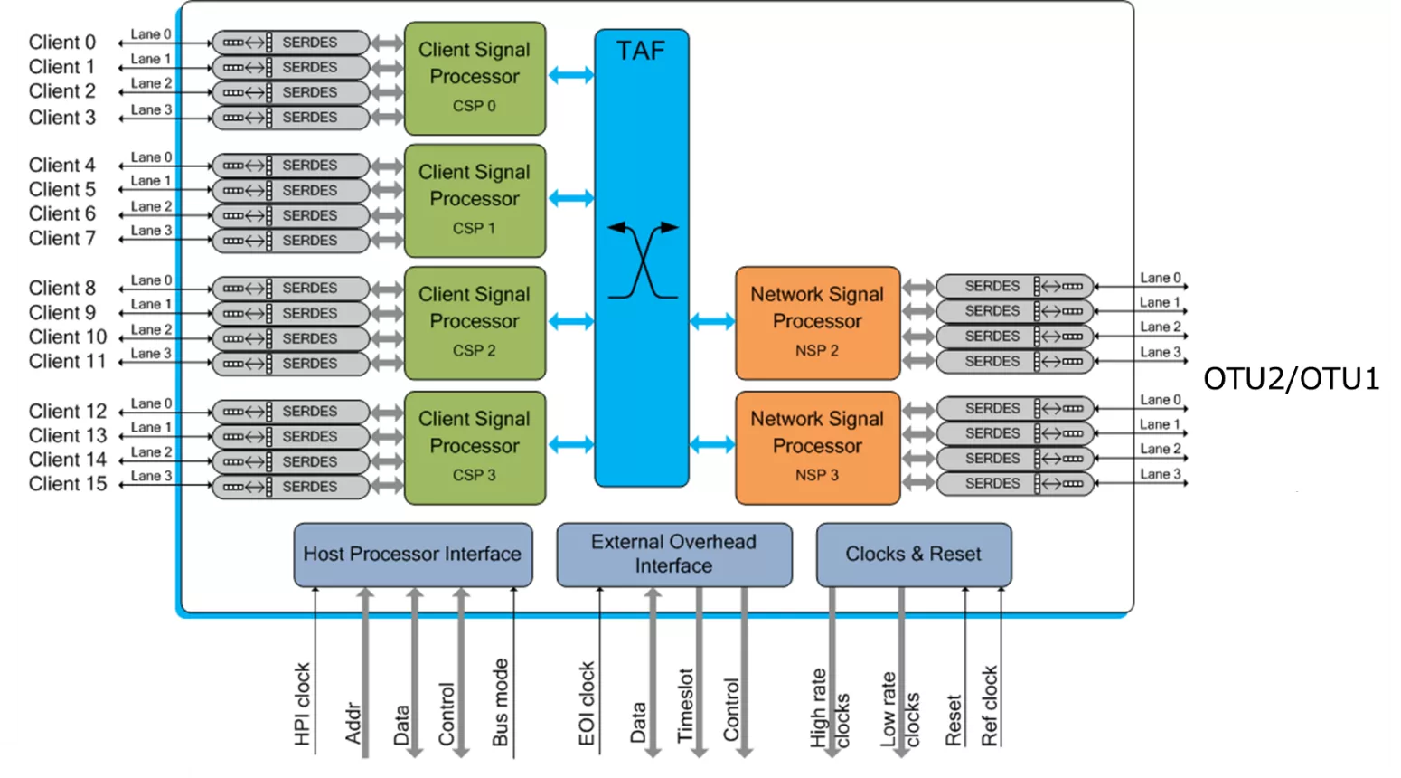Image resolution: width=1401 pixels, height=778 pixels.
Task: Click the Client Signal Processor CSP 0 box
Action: pyautogui.click(x=475, y=78)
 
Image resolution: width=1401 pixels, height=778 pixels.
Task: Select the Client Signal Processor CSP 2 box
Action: pyautogui.click(x=475, y=322)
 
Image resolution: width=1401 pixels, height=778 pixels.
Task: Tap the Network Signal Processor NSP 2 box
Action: pyautogui.click(x=817, y=322)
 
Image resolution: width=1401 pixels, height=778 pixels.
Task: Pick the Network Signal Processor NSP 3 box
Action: pyautogui.click(x=817, y=447)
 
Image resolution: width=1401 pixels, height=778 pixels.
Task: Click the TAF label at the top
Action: pyautogui.click(x=641, y=51)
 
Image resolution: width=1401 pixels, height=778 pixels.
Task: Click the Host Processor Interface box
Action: pyautogui.click(x=412, y=554)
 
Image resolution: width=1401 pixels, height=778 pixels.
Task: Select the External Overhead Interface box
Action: pyautogui.click(x=673, y=554)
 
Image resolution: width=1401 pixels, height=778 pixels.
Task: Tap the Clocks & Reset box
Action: pyautogui.click(x=913, y=554)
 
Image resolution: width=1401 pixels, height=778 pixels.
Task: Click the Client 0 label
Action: pyautogui.click(x=61, y=43)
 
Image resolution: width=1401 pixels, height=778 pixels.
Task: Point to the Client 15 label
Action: pyautogui.click(x=67, y=484)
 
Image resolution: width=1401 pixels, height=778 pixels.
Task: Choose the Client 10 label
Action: pyautogui.click(x=67, y=337)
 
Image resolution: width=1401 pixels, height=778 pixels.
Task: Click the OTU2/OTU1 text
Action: pyautogui.click(x=1291, y=379)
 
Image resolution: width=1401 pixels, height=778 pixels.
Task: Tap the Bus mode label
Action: pyautogui.click(x=500, y=702)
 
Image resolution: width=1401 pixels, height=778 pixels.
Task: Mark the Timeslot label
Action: pyautogui.click(x=685, y=706)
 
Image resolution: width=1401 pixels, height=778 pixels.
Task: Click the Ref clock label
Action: pyautogui.click(x=990, y=706)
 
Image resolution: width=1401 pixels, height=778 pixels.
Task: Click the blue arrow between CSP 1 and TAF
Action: pyautogui.click(x=570, y=198)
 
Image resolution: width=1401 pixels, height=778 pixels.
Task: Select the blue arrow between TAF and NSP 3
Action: pyautogui.click(x=712, y=444)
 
